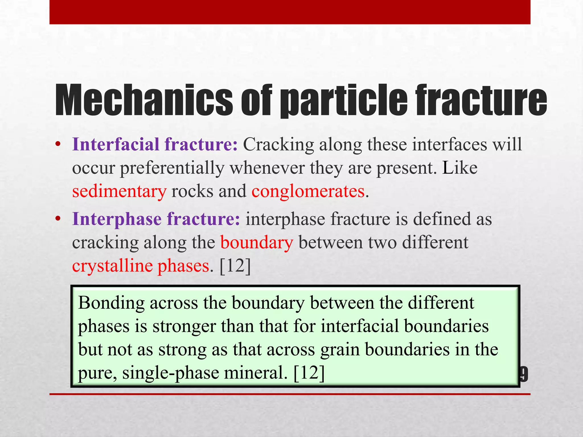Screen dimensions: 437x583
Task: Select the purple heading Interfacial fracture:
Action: click(155, 144)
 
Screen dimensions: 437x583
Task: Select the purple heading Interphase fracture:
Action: click(156, 219)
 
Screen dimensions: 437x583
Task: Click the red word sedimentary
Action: click(119, 191)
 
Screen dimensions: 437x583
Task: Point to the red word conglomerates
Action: click(308, 191)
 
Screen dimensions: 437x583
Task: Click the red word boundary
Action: click(256, 242)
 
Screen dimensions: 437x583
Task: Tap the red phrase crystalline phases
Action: click(141, 266)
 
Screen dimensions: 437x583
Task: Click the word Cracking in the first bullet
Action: click(278, 144)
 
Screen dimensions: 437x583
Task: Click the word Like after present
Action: click(459, 168)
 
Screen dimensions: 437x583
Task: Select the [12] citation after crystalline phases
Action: click(235, 266)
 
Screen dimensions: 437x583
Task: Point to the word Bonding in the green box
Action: click(111, 303)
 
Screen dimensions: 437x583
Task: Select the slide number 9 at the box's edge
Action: click(524, 375)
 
